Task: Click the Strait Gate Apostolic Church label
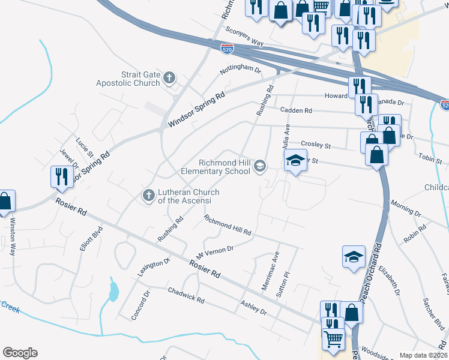[128, 79]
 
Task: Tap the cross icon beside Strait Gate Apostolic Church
[170, 77]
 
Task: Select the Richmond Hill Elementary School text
[215, 166]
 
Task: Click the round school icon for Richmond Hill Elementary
[260, 166]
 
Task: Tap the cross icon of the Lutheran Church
[148, 195]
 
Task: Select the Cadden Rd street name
[296, 110]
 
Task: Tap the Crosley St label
[316, 145]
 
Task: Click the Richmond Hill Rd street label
[227, 225]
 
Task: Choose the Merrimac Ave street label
[271, 271]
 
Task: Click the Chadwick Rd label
[187, 295]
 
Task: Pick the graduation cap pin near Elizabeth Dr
[354, 256]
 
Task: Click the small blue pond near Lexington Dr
[112, 292]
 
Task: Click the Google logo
[20, 353]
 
